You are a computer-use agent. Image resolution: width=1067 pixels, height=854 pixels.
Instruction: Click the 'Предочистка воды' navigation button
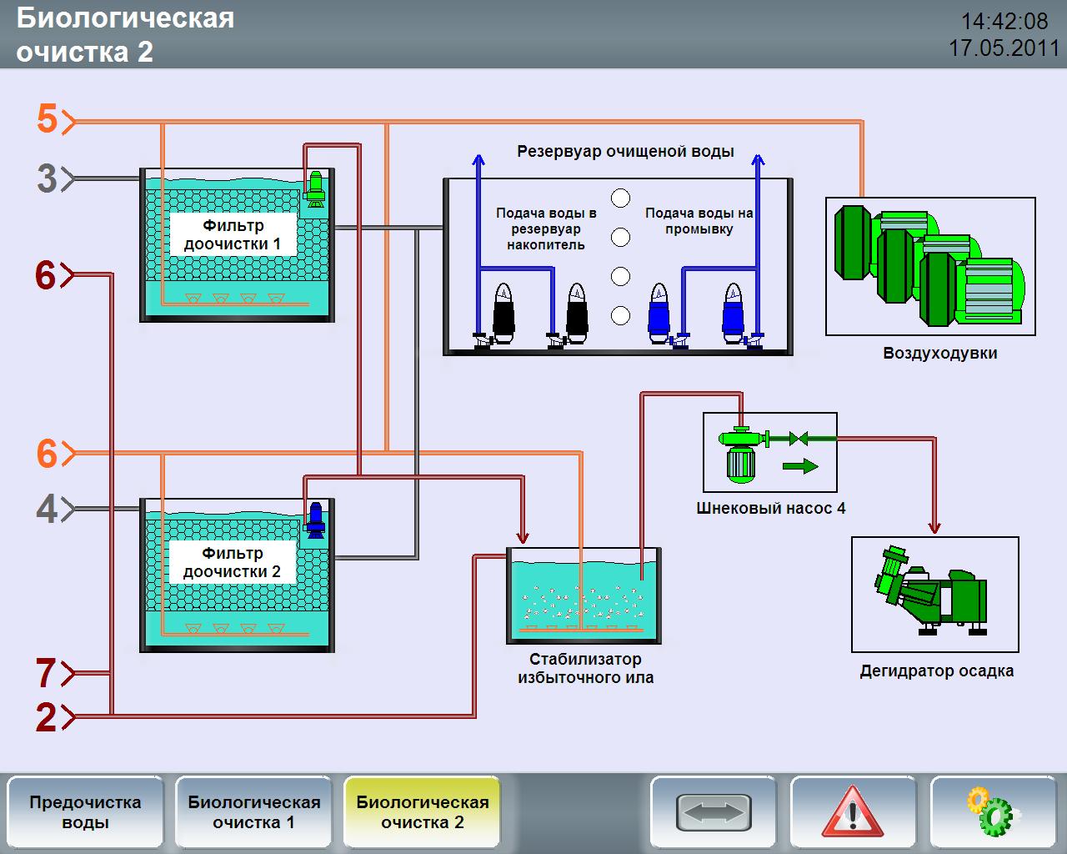[x=85, y=811]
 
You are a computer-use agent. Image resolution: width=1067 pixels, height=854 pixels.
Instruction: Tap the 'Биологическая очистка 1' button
[x=253, y=811]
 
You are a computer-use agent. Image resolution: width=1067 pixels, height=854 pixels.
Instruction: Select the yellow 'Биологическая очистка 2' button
[x=422, y=811]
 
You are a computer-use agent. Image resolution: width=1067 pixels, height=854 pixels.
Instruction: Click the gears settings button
[x=993, y=811]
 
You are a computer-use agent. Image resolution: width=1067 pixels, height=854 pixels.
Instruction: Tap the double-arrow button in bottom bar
[x=714, y=811]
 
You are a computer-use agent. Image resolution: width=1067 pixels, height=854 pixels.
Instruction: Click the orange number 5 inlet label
[x=48, y=119]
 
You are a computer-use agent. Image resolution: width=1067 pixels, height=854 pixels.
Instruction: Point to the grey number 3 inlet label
[x=48, y=178]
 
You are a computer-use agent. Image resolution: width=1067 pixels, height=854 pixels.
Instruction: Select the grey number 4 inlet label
[x=48, y=509]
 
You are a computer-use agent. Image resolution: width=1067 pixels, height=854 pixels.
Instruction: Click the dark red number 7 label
[x=47, y=673]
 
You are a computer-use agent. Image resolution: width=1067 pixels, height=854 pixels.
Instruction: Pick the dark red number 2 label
[x=47, y=716]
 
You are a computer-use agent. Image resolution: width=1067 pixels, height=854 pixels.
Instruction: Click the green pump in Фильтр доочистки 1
[x=316, y=188]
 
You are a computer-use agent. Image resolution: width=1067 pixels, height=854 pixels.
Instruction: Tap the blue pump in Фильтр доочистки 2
[x=315, y=519]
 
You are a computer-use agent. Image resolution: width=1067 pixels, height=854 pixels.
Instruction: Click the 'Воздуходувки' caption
[x=939, y=353]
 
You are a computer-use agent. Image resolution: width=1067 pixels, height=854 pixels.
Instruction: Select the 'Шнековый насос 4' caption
[x=770, y=508]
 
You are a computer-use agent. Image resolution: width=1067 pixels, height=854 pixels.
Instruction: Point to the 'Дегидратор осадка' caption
[x=936, y=671]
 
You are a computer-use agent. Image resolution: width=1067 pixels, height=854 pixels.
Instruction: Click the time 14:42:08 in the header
[x=1004, y=21]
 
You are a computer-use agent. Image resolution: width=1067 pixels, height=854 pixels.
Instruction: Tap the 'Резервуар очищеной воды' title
[x=625, y=151]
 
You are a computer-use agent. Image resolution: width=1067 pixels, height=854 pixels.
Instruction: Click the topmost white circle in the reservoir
[x=620, y=198]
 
